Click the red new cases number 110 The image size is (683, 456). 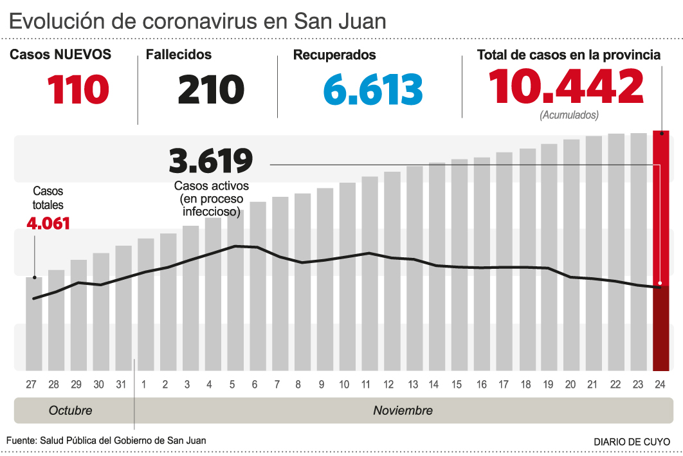point(78,89)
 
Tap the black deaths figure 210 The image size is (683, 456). point(211,89)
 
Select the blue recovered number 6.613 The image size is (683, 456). point(373,89)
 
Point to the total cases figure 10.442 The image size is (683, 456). point(566,87)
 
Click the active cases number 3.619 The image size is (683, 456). point(210,161)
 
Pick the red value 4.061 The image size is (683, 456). point(48,224)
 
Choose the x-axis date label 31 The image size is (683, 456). point(120,385)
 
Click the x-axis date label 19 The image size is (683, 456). point(549,385)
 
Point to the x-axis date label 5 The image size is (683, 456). point(232,385)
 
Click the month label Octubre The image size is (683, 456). point(71,410)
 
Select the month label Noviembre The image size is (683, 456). point(403,410)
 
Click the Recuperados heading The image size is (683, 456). point(334,55)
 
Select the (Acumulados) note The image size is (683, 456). point(569,116)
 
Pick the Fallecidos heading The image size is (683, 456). point(179,55)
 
